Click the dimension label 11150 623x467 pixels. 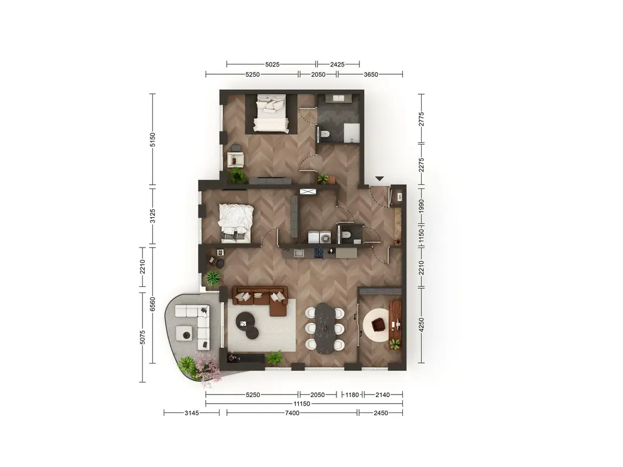pyautogui.click(x=302, y=404)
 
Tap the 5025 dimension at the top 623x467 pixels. pyautogui.click(x=273, y=64)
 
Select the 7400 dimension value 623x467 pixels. pyautogui.click(x=292, y=413)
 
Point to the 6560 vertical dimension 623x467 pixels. pyautogui.click(x=153, y=305)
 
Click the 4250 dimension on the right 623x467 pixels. pyautogui.click(x=422, y=325)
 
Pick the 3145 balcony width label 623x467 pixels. pyautogui.click(x=192, y=413)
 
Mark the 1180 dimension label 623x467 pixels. pyautogui.click(x=352, y=395)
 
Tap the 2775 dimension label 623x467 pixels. pyautogui.click(x=422, y=119)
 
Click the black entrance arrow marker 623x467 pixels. pyautogui.click(x=380, y=179)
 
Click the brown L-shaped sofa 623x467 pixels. pyautogui.click(x=260, y=299)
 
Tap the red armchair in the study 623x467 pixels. pyautogui.click(x=378, y=325)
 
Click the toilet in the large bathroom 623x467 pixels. pyautogui.click(x=325, y=134)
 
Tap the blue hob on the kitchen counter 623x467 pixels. pyautogui.click(x=319, y=252)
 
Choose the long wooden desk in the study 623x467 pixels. pyautogui.click(x=395, y=320)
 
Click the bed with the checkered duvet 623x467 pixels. pyautogui.click(x=236, y=223)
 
